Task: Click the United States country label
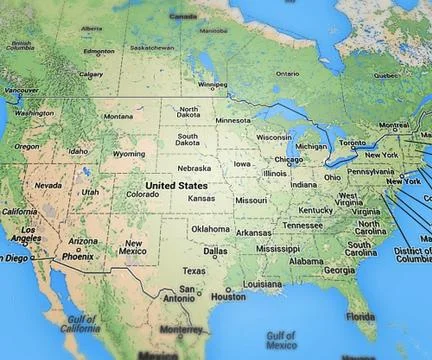click(x=176, y=185)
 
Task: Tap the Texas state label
click(x=193, y=271)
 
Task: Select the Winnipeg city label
click(x=212, y=85)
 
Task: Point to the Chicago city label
click(x=288, y=159)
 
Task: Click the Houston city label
click(x=228, y=296)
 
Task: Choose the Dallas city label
click(x=211, y=252)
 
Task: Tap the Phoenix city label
click(x=77, y=256)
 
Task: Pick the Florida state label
click(x=360, y=316)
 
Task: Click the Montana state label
click(x=118, y=116)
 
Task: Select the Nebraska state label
click(x=194, y=168)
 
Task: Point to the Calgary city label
click(x=90, y=73)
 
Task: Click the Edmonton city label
click(x=98, y=51)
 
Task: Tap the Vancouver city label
click(x=21, y=91)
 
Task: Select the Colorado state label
click(x=143, y=194)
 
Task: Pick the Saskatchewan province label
click(x=153, y=47)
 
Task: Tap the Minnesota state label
click(x=232, y=120)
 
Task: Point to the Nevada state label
click(x=48, y=185)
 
